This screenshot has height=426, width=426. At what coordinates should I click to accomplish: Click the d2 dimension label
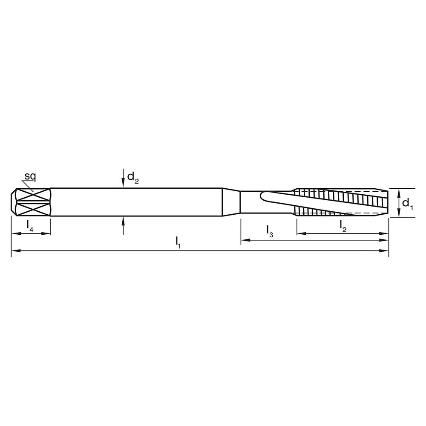(133, 177)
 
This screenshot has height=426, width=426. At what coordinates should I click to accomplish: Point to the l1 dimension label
(179, 242)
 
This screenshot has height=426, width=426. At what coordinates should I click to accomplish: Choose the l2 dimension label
(343, 225)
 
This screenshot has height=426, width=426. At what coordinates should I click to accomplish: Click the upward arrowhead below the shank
(123, 220)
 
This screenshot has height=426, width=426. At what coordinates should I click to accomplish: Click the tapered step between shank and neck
(232, 203)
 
